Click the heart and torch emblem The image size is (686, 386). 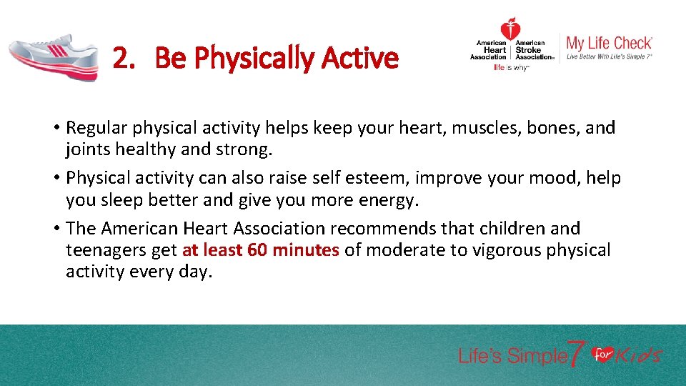510,30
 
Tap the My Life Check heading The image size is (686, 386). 609,43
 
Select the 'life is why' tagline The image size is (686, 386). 511,68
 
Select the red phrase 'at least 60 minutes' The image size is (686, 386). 261,250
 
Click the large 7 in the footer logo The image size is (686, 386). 577,354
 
